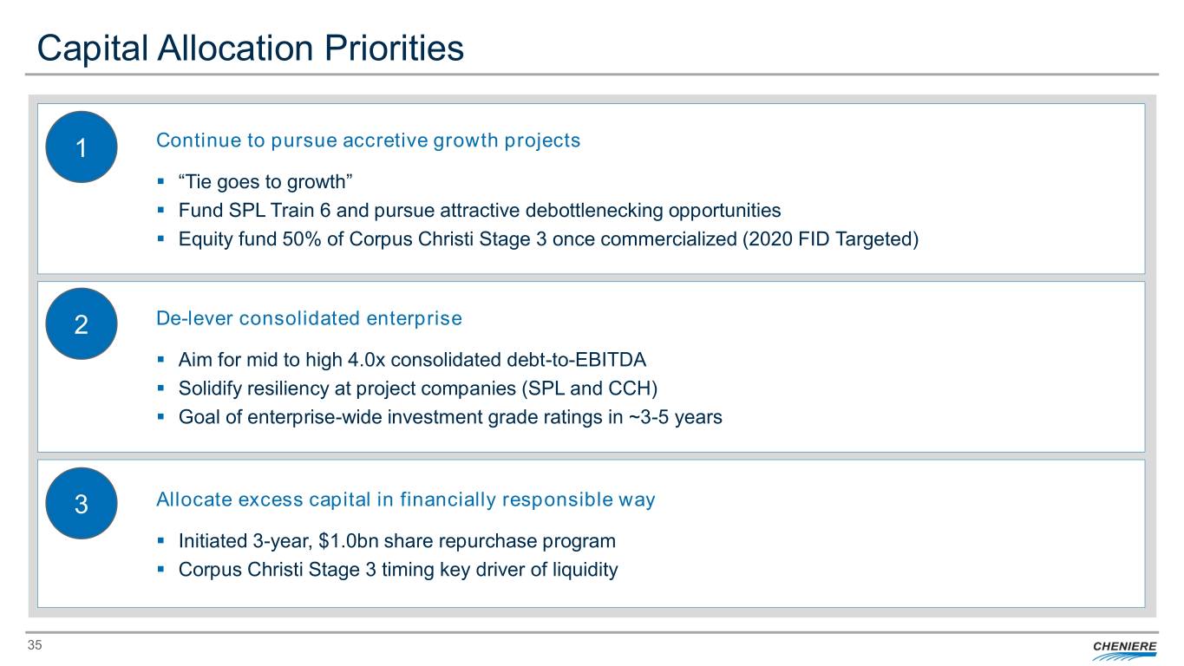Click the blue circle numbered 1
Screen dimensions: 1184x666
pyautogui.click(x=82, y=147)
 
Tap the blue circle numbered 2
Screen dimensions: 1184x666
pyautogui.click(x=82, y=324)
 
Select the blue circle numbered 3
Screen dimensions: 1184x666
pyautogui.click(x=82, y=503)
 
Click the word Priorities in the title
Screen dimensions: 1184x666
pyautogui.click(x=394, y=48)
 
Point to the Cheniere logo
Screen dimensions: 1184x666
pyautogui.click(x=1124, y=650)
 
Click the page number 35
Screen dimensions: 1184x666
pyautogui.click(x=35, y=645)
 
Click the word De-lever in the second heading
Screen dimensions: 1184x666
pyautogui.click(x=194, y=318)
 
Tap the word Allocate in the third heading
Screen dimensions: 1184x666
pyautogui.click(x=194, y=499)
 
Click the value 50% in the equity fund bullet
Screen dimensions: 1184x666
pyautogui.click(x=301, y=239)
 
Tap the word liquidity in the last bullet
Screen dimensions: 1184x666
pyautogui.click(x=585, y=570)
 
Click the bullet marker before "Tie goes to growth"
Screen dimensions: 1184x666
pyautogui.click(x=160, y=182)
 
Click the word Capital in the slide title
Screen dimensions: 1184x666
pyautogui.click(x=93, y=49)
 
